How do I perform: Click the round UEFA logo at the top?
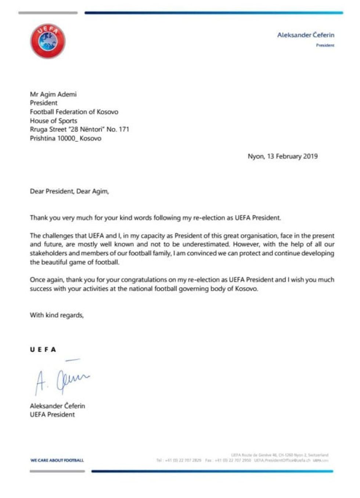click(x=48, y=41)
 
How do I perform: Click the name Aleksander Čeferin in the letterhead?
click(x=306, y=35)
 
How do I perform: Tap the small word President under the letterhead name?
click(x=325, y=46)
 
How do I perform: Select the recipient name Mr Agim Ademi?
click(x=53, y=94)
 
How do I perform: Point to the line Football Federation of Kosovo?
click(x=74, y=112)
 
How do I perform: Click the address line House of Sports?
click(x=53, y=121)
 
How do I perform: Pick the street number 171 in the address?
click(x=124, y=130)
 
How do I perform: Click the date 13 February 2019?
click(x=292, y=156)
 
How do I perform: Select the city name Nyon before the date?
click(x=256, y=156)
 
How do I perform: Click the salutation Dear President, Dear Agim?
click(x=69, y=191)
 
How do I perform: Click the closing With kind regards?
click(x=57, y=315)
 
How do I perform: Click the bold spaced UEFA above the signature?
click(x=43, y=350)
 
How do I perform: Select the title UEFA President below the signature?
click(x=52, y=415)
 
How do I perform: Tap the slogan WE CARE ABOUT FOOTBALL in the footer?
click(x=57, y=460)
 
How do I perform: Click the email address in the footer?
click(x=282, y=460)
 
